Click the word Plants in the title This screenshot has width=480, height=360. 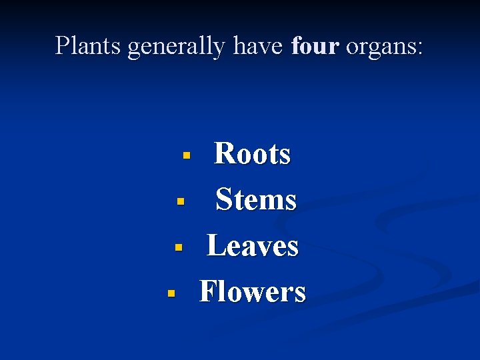(x=88, y=46)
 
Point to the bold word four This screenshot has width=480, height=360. (x=315, y=46)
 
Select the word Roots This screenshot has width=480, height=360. (x=252, y=154)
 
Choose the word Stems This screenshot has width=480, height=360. (x=256, y=199)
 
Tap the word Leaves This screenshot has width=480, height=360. (x=253, y=245)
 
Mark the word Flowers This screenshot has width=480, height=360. (x=253, y=291)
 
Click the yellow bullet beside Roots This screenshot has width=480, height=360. (x=187, y=156)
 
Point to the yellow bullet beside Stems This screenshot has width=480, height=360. (x=179, y=201)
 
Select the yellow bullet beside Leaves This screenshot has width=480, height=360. (x=179, y=247)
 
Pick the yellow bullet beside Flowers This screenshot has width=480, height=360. (x=171, y=293)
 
